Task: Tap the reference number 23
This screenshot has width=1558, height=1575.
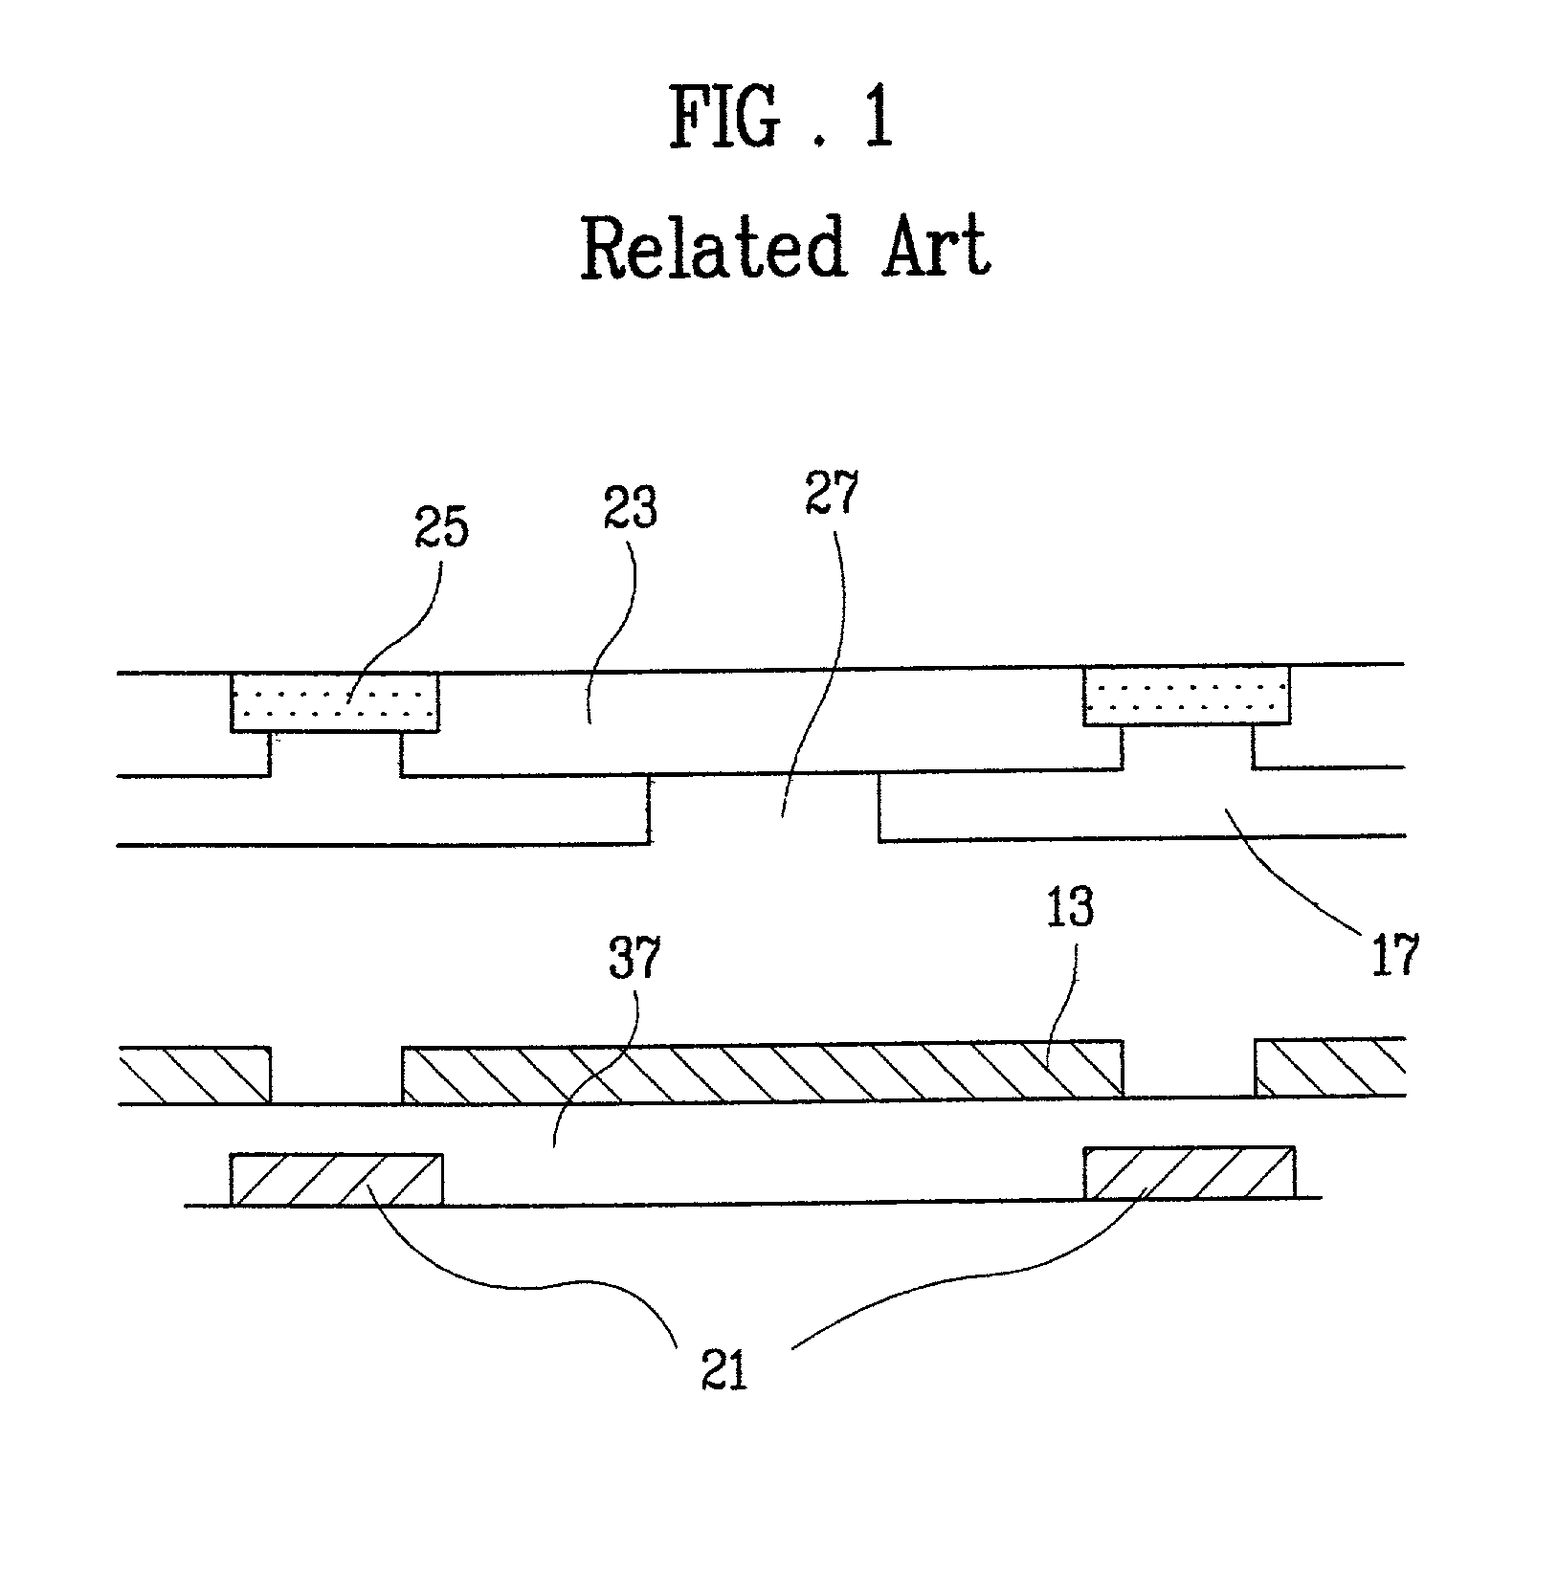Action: click(631, 508)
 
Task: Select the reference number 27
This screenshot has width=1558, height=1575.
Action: click(832, 494)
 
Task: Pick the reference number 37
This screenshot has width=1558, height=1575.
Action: click(634, 957)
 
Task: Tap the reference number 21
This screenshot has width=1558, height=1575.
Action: click(723, 1368)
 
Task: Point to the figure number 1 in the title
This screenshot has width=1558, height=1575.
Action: click(878, 118)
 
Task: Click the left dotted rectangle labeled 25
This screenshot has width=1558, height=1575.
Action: click(335, 703)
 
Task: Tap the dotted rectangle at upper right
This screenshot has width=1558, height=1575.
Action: click(1187, 696)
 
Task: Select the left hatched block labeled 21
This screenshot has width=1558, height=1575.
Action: click(336, 1179)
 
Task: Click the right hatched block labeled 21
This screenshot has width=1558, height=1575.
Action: click(1190, 1172)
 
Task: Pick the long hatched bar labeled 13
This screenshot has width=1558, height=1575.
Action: click(762, 1072)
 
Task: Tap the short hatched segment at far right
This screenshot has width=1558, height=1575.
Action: click(1330, 1068)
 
